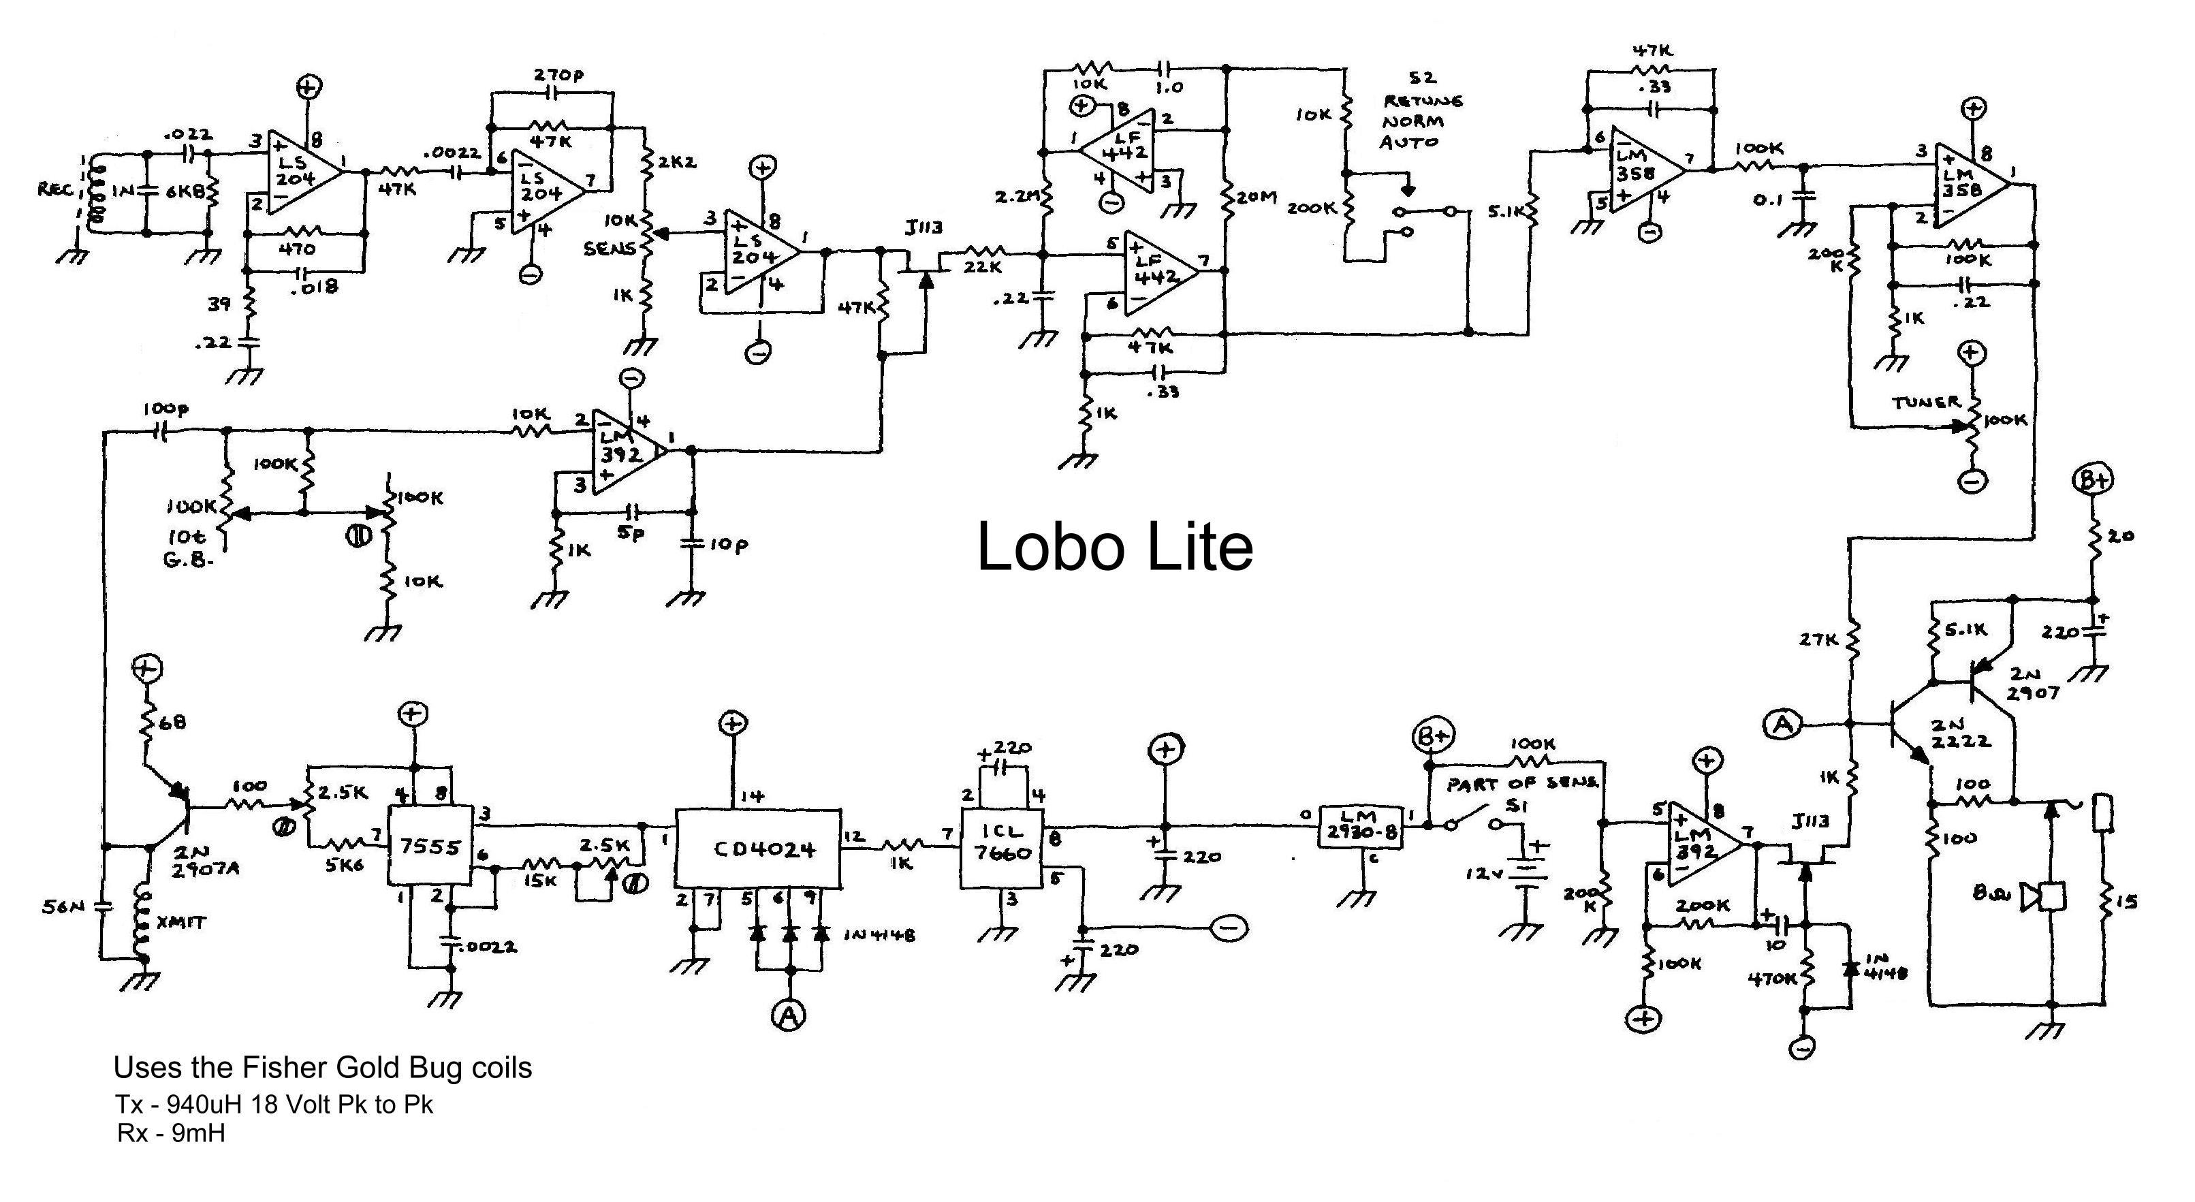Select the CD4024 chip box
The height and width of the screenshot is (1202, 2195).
(757, 849)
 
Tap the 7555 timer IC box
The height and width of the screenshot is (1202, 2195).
(430, 847)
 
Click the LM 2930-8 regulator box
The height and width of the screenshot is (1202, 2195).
(1360, 825)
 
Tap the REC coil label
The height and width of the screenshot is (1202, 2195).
(57, 189)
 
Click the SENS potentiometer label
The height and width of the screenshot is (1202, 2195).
(610, 249)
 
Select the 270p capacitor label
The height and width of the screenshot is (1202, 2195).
(558, 75)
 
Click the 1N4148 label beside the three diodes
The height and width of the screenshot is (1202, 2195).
(880, 934)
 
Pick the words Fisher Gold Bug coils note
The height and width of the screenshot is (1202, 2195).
(387, 1067)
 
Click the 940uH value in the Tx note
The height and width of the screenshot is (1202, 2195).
(198, 1105)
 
